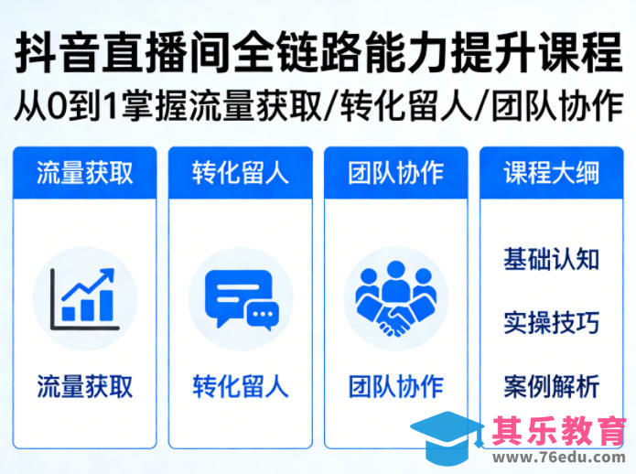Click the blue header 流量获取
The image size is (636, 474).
84,172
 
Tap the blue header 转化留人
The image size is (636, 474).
240,172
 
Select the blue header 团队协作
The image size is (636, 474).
395,172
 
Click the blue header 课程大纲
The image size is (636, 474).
551,172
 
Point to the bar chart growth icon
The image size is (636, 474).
84,298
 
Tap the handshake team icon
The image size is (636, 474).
395,298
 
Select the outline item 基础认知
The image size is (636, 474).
551,259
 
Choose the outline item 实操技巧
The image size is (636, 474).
551,322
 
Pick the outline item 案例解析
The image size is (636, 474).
551,385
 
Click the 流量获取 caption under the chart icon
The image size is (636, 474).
84,385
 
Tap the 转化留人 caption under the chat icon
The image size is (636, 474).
240,385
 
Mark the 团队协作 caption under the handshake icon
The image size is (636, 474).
395,385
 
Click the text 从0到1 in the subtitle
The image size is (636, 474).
70,106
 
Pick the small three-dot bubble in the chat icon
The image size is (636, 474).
263,316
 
